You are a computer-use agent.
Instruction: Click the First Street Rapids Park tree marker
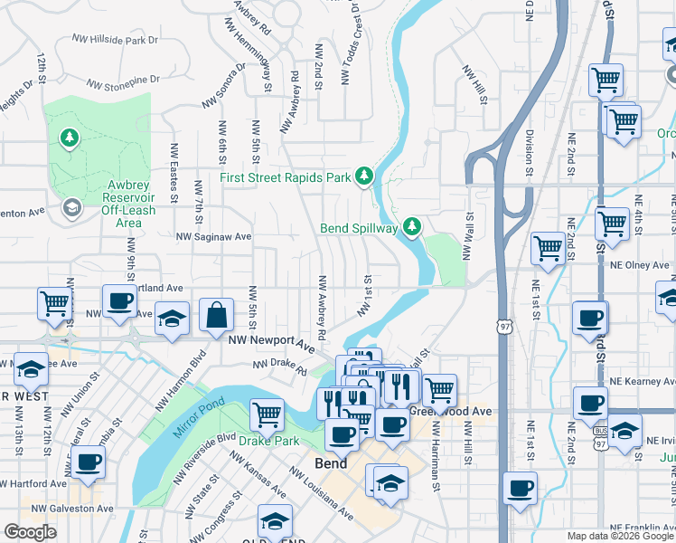[364, 176]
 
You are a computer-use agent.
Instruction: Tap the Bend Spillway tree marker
[413, 226]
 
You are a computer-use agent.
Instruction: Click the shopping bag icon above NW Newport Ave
[216, 317]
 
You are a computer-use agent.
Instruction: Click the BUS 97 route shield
[599, 445]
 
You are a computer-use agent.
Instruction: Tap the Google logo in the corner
[30, 532]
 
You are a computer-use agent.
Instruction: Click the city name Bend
[331, 463]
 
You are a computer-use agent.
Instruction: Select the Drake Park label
[268, 442]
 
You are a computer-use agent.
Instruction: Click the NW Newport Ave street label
[271, 342]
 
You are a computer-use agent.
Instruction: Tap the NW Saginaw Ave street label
[214, 236]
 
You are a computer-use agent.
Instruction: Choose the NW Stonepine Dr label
[121, 82]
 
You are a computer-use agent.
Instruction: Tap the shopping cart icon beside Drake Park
[267, 415]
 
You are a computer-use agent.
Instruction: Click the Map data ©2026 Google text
[620, 536]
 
